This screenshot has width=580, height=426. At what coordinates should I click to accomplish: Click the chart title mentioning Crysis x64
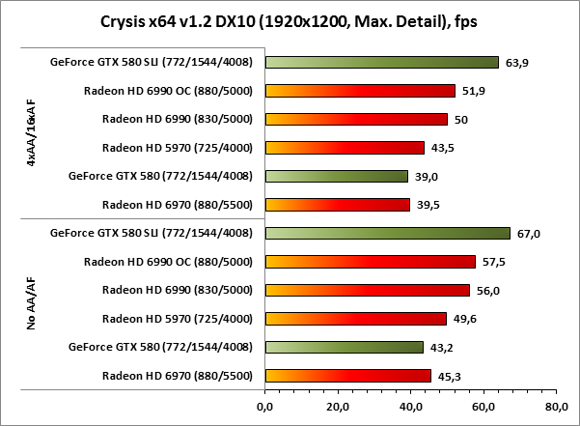tap(290, 21)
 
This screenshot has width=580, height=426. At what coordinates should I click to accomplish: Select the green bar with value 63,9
tap(381, 63)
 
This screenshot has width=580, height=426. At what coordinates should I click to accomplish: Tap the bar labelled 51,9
tap(359, 91)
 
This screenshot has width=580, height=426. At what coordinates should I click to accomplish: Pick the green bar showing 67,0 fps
tap(387, 233)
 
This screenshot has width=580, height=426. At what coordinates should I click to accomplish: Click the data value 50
tap(461, 120)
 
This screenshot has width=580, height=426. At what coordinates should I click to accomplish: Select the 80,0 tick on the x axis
tap(557, 407)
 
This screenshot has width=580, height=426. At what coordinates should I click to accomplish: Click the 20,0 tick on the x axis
tap(338, 407)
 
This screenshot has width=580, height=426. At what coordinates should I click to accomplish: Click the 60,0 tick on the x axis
tap(483, 407)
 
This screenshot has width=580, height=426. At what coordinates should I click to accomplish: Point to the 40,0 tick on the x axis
tap(411, 407)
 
